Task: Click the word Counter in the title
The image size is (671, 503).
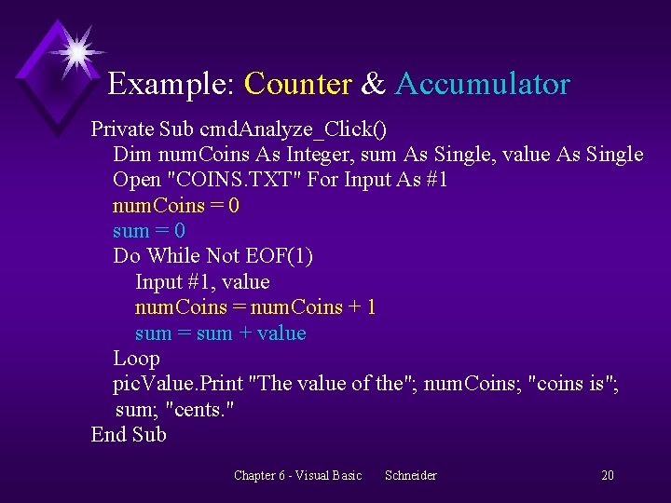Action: pyautogui.click(x=297, y=85)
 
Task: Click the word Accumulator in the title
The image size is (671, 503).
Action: pyautogui.click(x=483, y=85)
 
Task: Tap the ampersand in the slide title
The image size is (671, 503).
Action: pyautogui.click(x=373, y=85)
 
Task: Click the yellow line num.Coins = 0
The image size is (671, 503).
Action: pyautogui.click(x=175, y=205)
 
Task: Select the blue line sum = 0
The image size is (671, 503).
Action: pyautogui.click(x=148, y=230)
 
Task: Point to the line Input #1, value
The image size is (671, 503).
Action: pyautogui.click(x=202, y=281)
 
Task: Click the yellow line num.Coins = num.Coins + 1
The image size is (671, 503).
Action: pyautogui.click(x=255, y=307)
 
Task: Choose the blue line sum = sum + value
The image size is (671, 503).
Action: pyautogui.click(x=220, y=333)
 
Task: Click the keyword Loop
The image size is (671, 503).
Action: pyautogui.click(x=136, y=359)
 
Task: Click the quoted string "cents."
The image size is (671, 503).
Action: pyautogui.click(x=201, y=409)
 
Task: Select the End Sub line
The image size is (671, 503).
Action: pyautogui.click(x=129, y=435)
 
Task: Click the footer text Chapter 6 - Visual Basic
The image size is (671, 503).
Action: pyautogui.click(x=297, y=476)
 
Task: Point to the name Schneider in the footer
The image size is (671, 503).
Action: pyautogui.click(x=410, y=476)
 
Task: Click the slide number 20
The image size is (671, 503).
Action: pyautogui.click(x=607, y=476)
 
